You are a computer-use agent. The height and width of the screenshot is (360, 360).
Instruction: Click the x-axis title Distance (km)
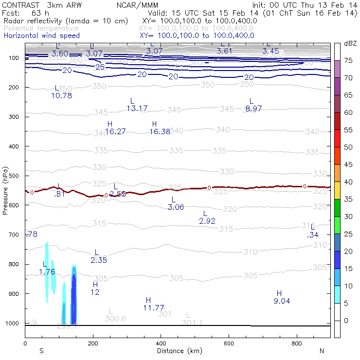click(x=177, y=351)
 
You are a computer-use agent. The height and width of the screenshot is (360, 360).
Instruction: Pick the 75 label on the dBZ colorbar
click(x=348, y=61)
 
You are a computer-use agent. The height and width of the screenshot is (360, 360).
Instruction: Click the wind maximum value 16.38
click(x=160, y=131)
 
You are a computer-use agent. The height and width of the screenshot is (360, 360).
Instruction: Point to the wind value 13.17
click(x=137, y=108)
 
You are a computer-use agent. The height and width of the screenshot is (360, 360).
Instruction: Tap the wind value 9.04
click(x=282, y=301)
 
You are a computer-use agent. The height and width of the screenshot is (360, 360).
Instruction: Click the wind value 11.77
click(x=154, y=307)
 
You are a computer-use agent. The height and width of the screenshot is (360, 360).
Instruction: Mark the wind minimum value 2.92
click(x=207, y=221)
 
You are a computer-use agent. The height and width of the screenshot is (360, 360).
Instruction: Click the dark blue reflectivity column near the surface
click(x=74, y=297)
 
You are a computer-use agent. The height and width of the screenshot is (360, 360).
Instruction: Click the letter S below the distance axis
click(x=41, y=351)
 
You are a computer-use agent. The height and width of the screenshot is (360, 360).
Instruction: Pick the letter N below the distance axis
click(x=322, y=351)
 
